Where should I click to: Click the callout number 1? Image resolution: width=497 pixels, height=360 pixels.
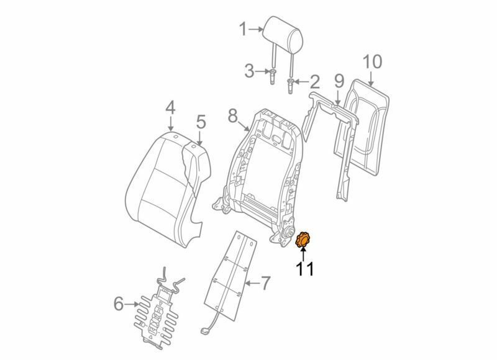point(244,28)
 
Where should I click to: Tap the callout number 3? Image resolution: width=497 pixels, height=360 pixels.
point(249,71)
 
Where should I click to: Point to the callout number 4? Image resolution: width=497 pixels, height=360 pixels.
point(170,109)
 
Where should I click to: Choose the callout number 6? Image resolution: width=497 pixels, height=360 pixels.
point(118,304)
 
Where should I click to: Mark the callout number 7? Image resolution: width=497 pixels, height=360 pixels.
point(265,284)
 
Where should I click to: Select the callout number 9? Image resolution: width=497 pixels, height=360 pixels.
point(339,81)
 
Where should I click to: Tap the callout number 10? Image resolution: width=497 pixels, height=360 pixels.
point(372,62)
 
